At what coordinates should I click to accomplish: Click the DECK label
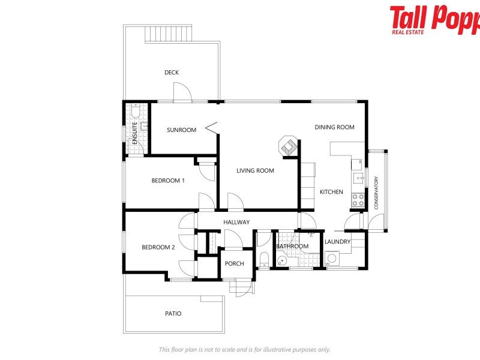coord(172,73)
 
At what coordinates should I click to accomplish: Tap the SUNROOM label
coord(182,130)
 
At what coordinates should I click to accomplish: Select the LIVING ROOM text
coord(255,171)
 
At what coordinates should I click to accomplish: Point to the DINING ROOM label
coord(335,127)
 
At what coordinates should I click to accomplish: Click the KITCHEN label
coord(331,192)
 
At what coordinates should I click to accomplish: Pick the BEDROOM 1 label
coord(168,181)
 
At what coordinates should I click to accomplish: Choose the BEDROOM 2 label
coord(158,247)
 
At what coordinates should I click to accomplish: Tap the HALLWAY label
coord(236,223)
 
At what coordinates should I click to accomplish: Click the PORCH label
coord(234,264)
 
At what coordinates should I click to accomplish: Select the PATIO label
coord(173,314)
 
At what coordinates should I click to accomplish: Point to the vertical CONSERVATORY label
coord(376,193)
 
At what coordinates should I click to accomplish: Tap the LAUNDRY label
coord(337,242)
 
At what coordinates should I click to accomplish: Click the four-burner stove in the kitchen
coord(358,200)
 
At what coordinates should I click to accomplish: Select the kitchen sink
coord(358,177)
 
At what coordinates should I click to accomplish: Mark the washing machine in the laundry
coord(332,259)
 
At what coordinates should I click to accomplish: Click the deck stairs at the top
coord(169,34)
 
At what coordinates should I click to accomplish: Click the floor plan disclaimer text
coord(244,350)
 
